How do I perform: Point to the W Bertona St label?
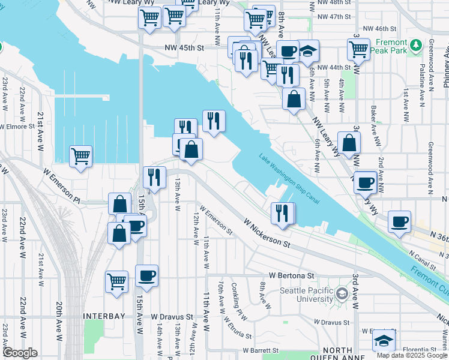click(x=292, y=275)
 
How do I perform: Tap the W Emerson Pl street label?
click(x=61, y=185)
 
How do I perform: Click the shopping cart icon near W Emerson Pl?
click(x=80, y=157)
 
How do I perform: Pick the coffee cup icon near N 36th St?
click(x=399, y=222)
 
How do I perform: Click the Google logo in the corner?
click(x=20, y=353)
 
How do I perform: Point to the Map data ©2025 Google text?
click(x=412, y=355)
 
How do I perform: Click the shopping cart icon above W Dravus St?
click(x=116, y=280)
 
